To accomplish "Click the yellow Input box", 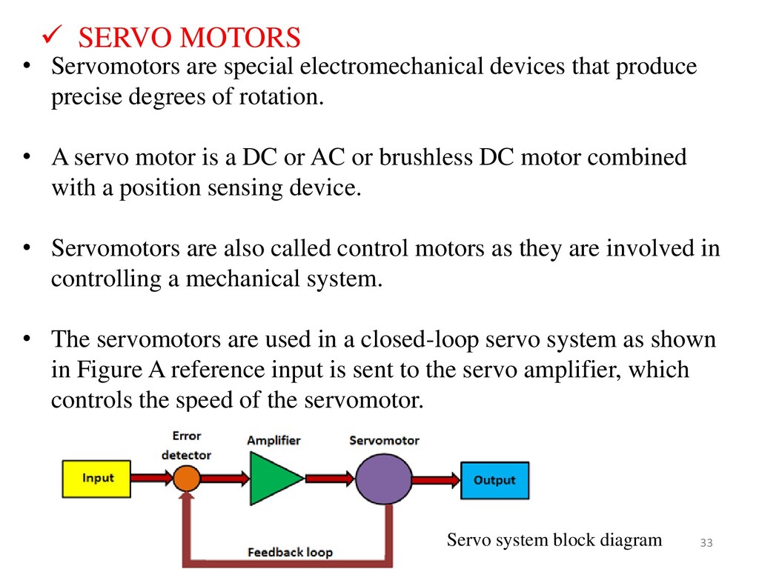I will click(x=97, y=479).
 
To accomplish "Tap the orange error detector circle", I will click(x=187, y=479).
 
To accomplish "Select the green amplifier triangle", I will click(x=273, y=479).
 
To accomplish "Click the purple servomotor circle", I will click(x=383, y=479).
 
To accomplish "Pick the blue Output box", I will click(x=494, y=480).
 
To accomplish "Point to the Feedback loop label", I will click(x=290, y=552).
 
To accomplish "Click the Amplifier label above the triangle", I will click(x=274, y=440).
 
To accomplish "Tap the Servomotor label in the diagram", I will click(x=384, y=440).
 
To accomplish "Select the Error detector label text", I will click(x=187, y=445).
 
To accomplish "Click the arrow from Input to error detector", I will click(x=151, y=479).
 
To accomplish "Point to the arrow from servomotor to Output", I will click(x=436, y=480).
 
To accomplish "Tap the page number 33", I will click(x=706, y=545).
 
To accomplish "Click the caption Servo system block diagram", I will click(x=554, y=540).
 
